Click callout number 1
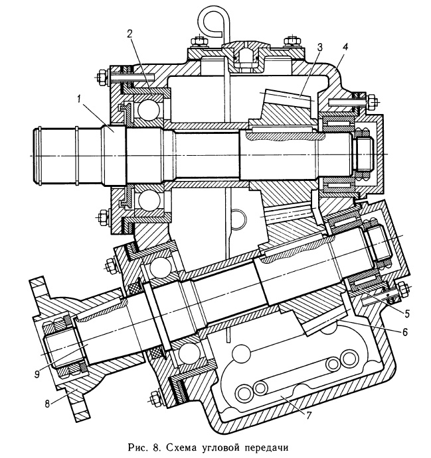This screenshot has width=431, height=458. [x=79, y=99]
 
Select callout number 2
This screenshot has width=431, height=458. [x=130, y=34]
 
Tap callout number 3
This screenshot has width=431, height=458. [x=319, y=48]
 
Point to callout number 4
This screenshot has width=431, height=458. [x=345, y=47]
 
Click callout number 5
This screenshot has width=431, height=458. [x=407, y=314]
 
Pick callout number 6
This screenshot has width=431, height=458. [x=405, y=332]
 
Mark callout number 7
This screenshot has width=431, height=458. [x=308, y=415]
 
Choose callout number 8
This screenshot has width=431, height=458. [x=48, y=404]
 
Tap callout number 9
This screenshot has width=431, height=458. [x=37, y=374]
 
